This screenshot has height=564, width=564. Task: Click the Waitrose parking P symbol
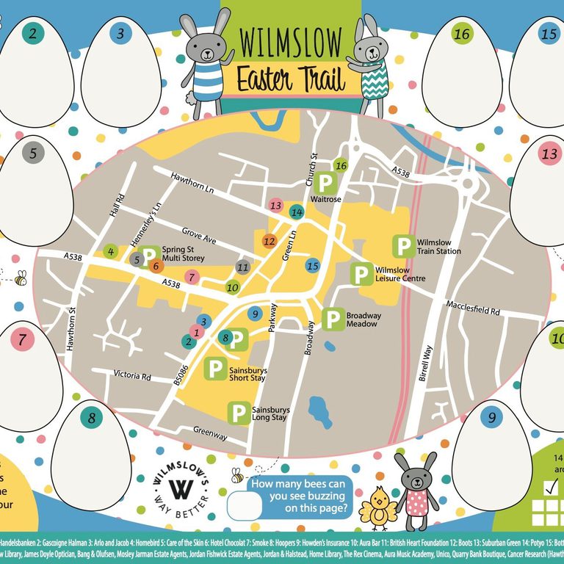coord(325,181)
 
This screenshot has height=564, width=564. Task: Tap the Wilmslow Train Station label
coord(438,246)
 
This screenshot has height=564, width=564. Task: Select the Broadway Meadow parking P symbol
coord(333,319)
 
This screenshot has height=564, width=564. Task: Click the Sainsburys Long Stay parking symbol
coord(239,413)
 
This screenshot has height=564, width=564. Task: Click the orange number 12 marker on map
coord(269,241)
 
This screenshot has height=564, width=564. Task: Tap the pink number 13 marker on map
coord(276,205)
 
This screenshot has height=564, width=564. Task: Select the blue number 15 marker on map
coord(313,266)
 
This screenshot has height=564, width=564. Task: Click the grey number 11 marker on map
coord(243,267)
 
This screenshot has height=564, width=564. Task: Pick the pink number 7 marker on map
coord(192,277)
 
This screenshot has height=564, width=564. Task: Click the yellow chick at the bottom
coord(380,506)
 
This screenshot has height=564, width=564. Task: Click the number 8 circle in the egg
coord(92,419)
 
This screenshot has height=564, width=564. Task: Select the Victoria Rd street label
coord(131,375)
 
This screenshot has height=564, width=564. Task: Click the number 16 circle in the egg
coord(461,34)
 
